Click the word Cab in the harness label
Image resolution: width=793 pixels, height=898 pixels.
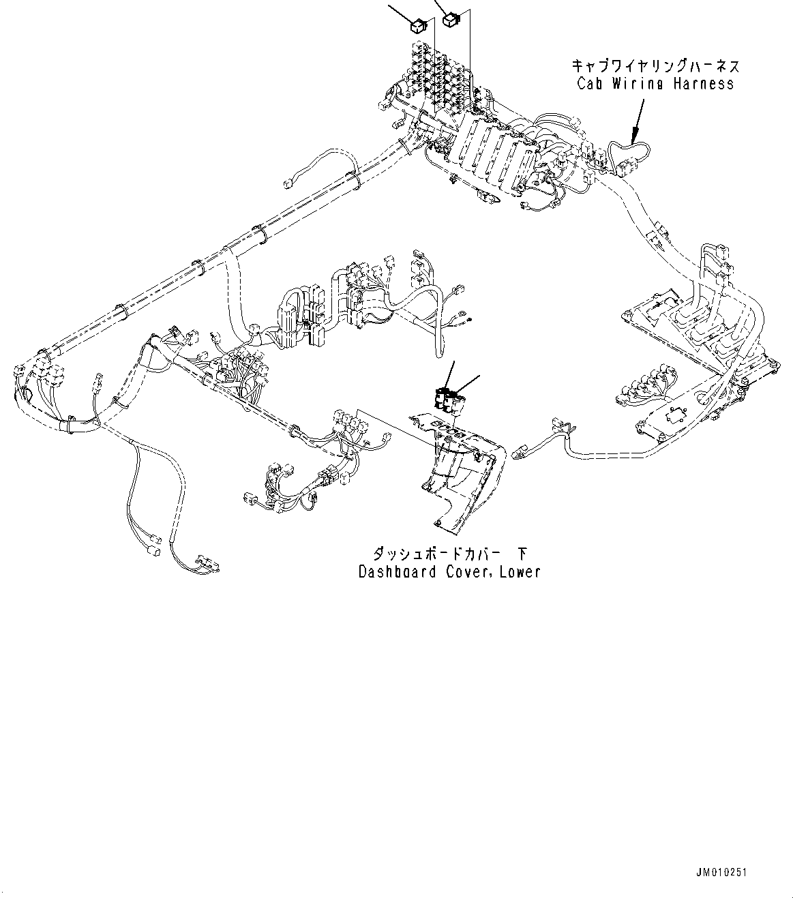(589, 83)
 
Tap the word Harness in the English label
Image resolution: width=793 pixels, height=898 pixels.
(702, 83)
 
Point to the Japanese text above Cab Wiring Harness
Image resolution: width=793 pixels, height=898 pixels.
(655, 66)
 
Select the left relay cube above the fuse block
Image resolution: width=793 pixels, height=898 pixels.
(417, 27)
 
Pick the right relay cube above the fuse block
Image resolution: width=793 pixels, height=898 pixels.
(451, 20)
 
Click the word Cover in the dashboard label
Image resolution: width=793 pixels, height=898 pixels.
(465, 571)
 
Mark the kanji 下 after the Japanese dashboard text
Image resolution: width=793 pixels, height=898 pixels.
(522, 552)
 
